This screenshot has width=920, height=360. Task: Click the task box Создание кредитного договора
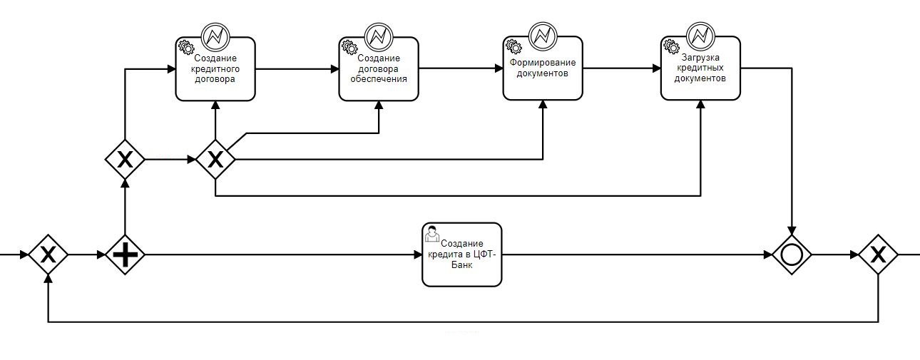tap(215, 69)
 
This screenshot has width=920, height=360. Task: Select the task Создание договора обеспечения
tap(379, 69)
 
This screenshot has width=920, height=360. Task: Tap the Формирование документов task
tap(542, 69)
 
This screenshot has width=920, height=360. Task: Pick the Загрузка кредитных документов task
tap(700, 69)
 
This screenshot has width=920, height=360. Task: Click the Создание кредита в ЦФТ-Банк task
tap(462, 254)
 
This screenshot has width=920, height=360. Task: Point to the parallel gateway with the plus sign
tap(126, 254)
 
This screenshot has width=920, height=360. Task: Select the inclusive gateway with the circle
tap(792, 254)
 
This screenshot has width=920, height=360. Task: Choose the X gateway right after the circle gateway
tap(878, 254)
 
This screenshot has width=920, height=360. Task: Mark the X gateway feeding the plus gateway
tap(48, 254)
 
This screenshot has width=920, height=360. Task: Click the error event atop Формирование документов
tap(542, 35)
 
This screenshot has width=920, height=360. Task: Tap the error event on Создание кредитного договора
tap(215, 35)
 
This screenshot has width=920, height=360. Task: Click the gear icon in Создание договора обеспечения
tap(349, 47)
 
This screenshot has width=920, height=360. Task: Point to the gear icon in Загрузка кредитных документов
tap(671, 47)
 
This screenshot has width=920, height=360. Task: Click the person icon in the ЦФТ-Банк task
tap(432, 234)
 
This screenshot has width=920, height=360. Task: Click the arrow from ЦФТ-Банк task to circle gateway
tap(635, 254)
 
